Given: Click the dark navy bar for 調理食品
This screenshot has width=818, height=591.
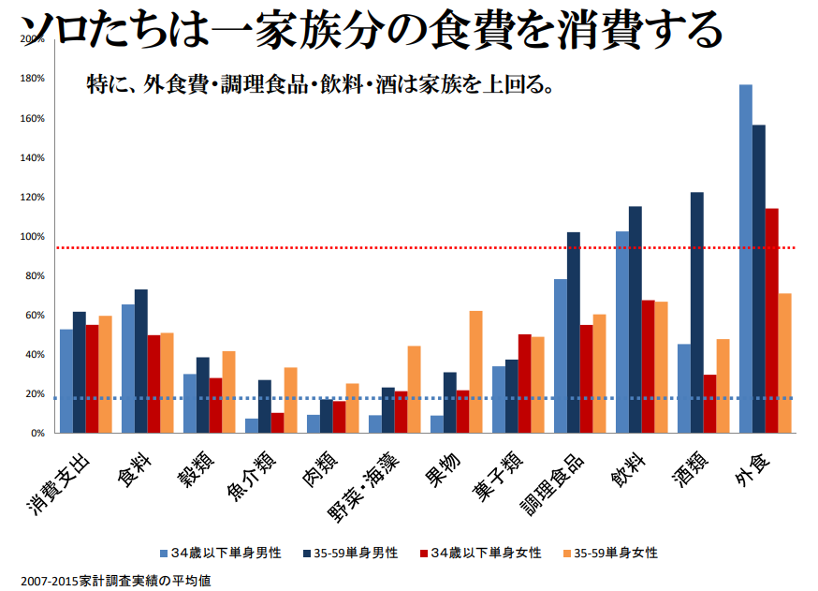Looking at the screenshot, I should [574, 332].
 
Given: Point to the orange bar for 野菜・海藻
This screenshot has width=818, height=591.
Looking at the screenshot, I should [414, 390].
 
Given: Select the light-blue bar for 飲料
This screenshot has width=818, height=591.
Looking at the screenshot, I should [622, 332].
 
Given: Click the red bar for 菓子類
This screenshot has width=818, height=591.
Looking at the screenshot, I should [525, 383].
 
